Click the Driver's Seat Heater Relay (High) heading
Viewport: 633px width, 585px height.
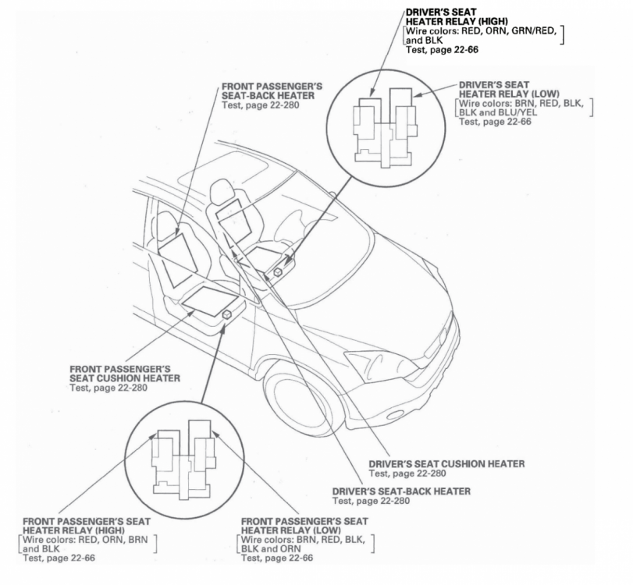tap(457, 16)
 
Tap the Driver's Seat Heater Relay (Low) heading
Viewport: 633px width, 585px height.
tap(509, 89)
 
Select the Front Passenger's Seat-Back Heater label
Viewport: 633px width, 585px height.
tap(272, 90)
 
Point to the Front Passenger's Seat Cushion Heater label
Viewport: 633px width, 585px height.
tap(125, 374)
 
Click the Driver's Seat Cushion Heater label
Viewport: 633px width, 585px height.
tap(446, 463)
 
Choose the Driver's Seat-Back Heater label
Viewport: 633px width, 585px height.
tap(401, 491)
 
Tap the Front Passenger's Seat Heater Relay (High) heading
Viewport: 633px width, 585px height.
tap(87, 526)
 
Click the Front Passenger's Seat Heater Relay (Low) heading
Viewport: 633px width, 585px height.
tap(304, 526)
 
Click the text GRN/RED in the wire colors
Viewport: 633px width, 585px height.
tap(534, 30)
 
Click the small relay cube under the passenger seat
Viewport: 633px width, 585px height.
tap(227, 314)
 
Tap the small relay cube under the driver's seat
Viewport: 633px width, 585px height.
tap(278, 272)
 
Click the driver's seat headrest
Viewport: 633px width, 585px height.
tap(220, 190)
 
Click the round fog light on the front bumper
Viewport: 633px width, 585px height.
tap(396, 415)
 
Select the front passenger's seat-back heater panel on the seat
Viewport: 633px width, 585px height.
tap(178, 261)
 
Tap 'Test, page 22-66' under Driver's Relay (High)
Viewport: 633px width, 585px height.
tap(442, 50)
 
